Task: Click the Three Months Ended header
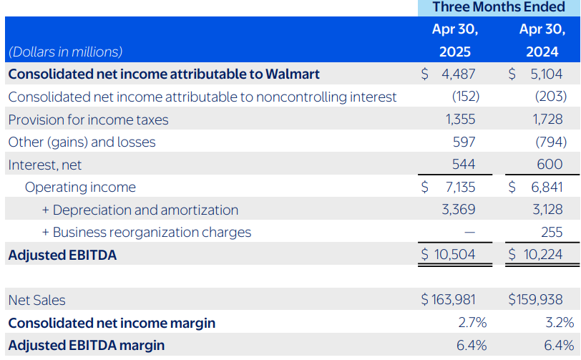click(x=499, y=8)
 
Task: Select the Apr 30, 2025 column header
click(x=455, y=41)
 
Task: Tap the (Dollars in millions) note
click(x=65, y=52)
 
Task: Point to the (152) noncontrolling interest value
click(x=465, y=97)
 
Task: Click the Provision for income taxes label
click(x=88, y=120)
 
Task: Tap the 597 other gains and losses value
click(x=464, y=142)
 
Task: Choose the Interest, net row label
click(x=45, y=165)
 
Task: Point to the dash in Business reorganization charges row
click(x=469, y=233)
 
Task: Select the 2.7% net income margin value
click(x=472, y=323)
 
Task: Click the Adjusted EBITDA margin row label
click(x=86, y=346)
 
